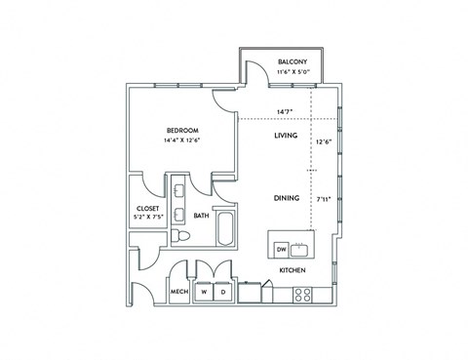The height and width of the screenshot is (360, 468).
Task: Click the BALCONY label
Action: pos(292,60)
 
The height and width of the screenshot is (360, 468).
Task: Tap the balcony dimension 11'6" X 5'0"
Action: pos(292,71)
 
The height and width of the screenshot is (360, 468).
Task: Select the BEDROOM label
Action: pos(182,130)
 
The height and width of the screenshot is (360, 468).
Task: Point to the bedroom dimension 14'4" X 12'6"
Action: pos(182,140)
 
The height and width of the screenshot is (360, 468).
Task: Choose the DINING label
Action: pos(286,197)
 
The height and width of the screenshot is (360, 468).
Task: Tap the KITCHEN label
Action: pos(293,269)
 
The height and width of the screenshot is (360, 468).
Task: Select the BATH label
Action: pos(200,216)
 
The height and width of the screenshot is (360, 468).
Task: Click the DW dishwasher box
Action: pos(281,248)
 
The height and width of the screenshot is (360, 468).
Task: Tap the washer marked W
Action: pos(205,292)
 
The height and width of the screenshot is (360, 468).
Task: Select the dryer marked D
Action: pos(223,292)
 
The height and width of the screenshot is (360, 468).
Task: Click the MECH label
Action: pos(178,292)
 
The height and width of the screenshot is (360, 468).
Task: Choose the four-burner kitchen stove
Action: pos(303,293)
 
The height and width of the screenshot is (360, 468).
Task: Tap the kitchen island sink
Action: pos(301,248)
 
